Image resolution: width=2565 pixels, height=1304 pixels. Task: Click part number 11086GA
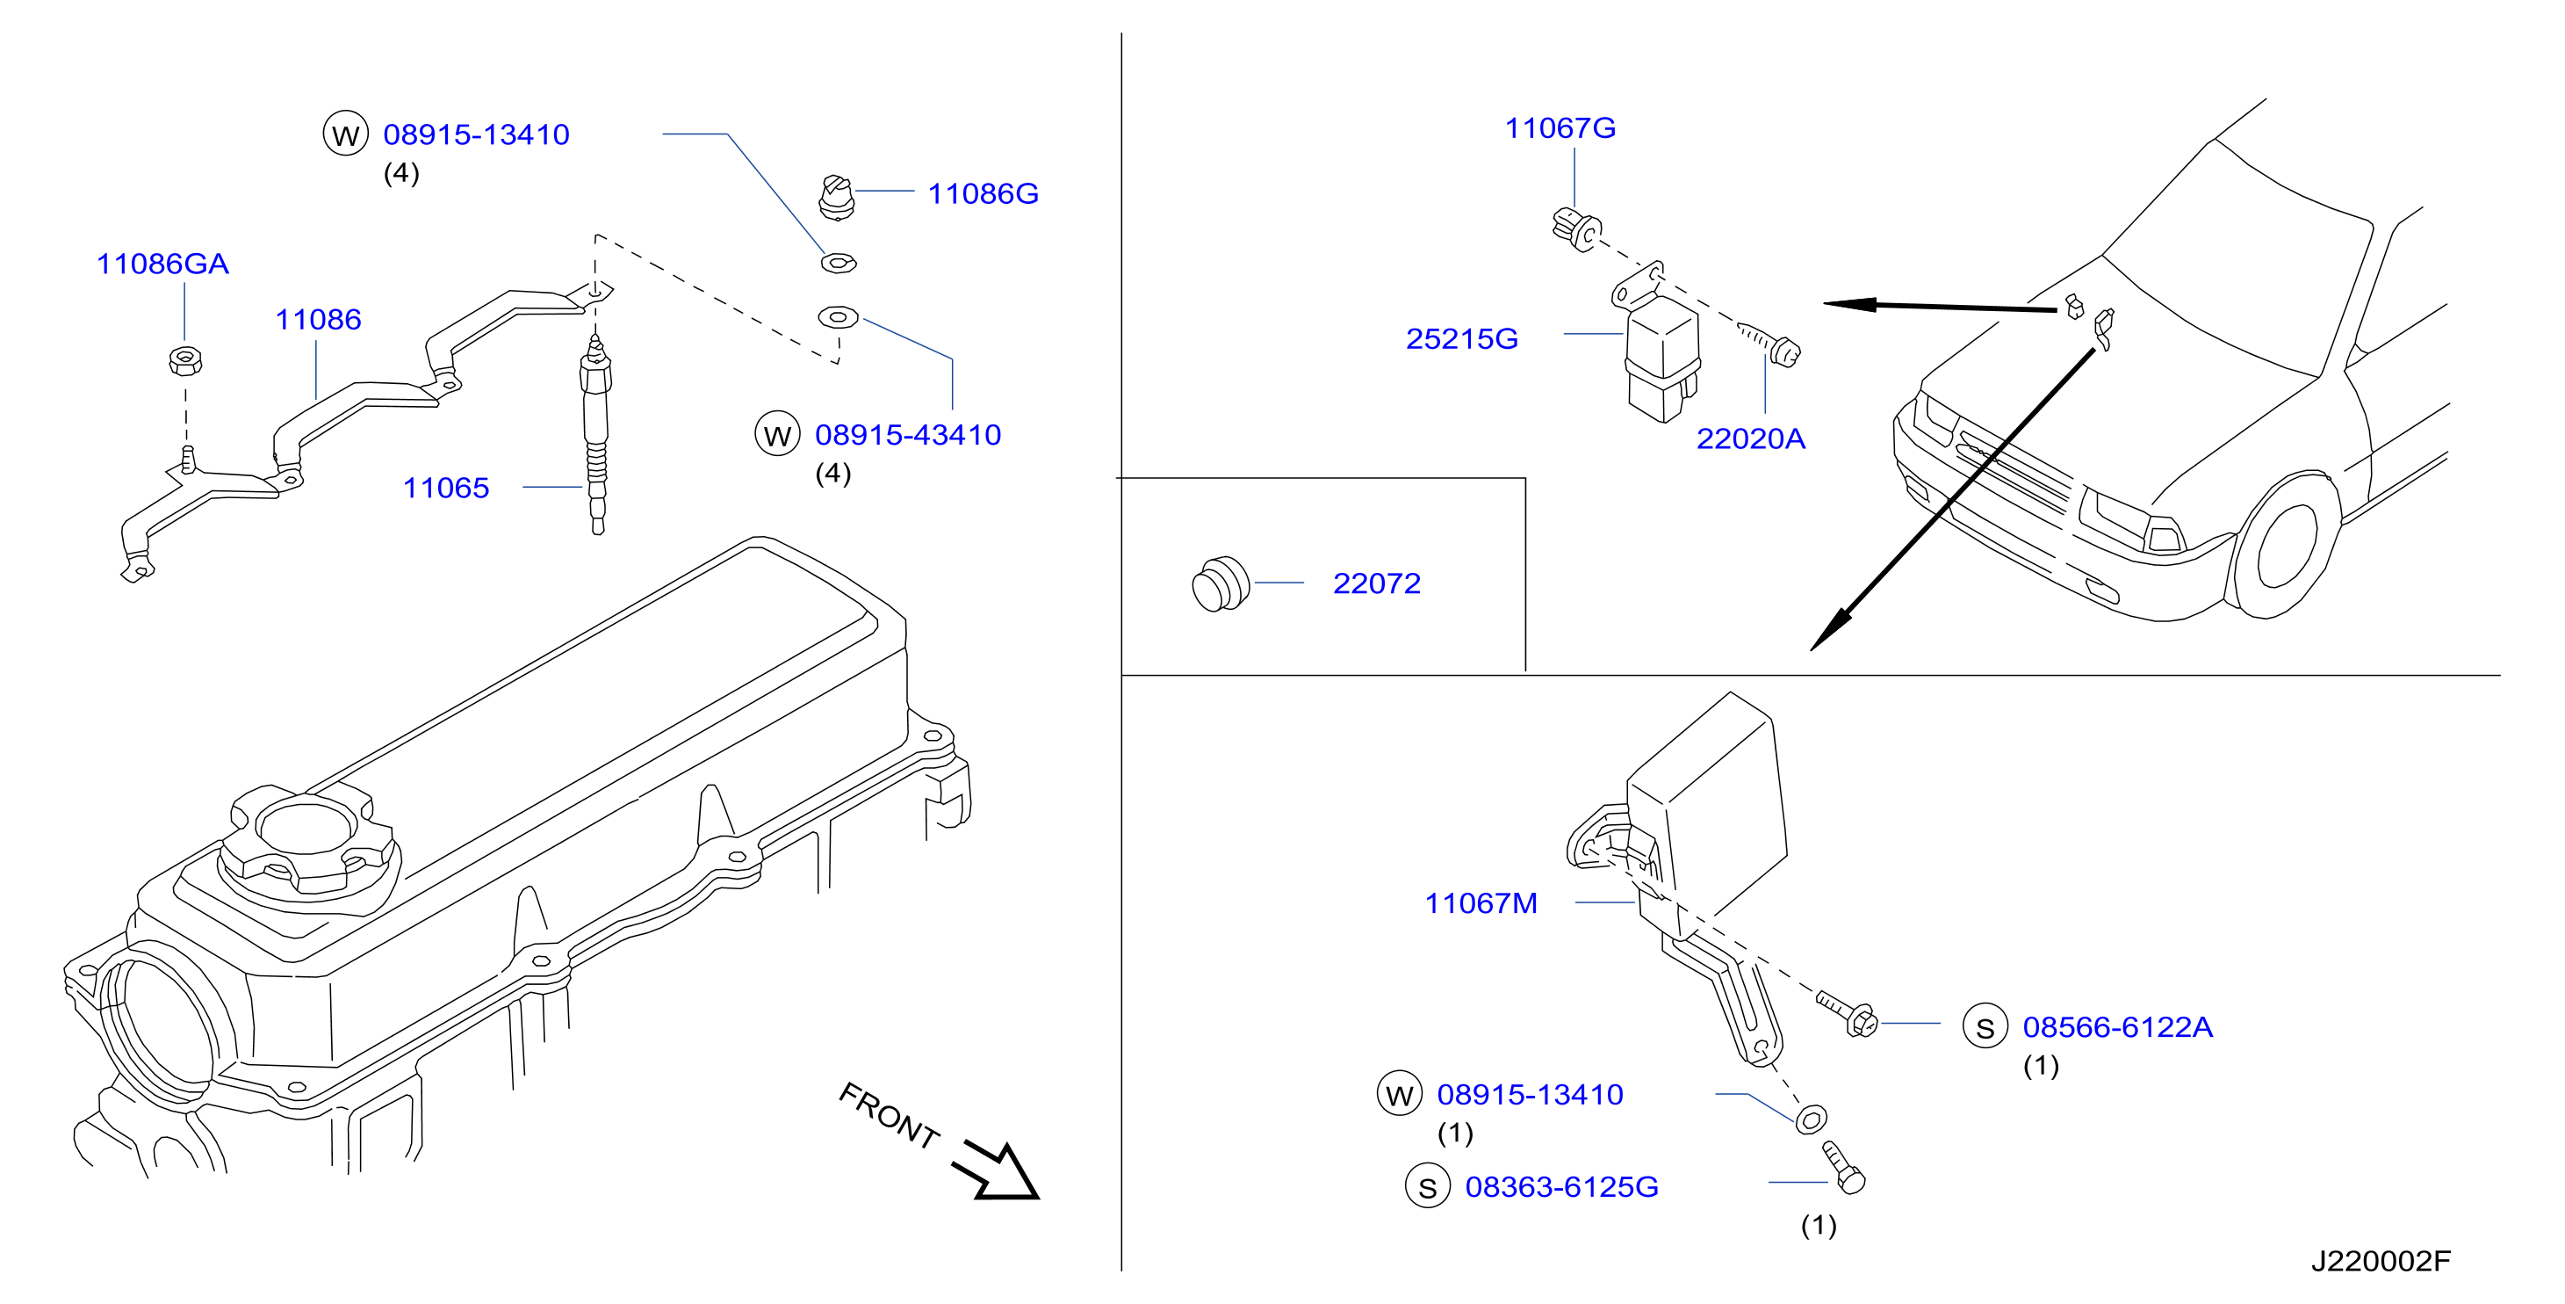(x=162, y=264)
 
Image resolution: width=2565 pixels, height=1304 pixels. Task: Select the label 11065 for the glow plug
(x=446, y=489)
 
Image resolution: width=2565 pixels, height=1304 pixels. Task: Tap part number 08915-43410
(x=908, y=435)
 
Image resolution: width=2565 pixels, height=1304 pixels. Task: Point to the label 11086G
(x=983, y=193)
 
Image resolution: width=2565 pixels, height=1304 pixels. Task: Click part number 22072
(x=1377, y=583)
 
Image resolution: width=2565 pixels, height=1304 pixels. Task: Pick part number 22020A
(x=1750, y=439)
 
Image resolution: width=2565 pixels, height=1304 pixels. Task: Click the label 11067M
(x=1481, y=903)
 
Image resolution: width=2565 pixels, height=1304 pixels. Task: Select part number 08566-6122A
(x=2118, y=1027)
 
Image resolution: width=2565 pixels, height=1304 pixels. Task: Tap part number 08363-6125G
(x=1561, y=1187)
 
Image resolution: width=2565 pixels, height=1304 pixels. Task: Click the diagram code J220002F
(x=2381, y=1261)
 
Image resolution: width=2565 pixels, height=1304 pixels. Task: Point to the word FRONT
(x=890, y=1116)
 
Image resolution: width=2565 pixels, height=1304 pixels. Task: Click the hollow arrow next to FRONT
(x=997, y=1171)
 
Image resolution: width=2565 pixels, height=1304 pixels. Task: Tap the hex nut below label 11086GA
(x=185, y=359)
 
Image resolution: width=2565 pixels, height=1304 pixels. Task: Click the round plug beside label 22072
(x=1221, y=584)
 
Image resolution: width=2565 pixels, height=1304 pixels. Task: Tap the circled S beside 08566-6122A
(x=1985, y=1027)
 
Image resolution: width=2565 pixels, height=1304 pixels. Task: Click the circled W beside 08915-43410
(x=778, y=435)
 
